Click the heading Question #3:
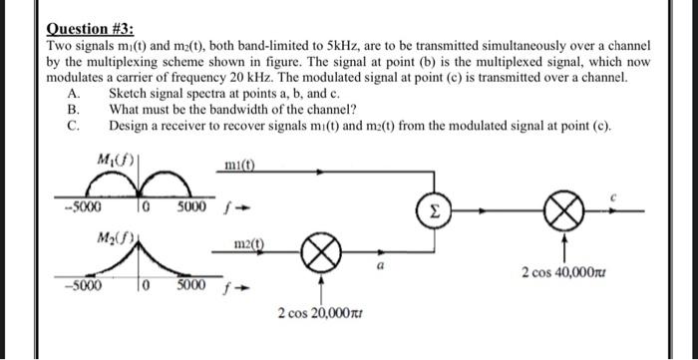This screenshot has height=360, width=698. (x=90, y=30)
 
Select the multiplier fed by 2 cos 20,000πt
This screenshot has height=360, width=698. (x=321, y=255)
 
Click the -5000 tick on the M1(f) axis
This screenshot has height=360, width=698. (x=74, y=208)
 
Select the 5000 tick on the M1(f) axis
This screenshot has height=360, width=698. (x=193, y=208)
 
